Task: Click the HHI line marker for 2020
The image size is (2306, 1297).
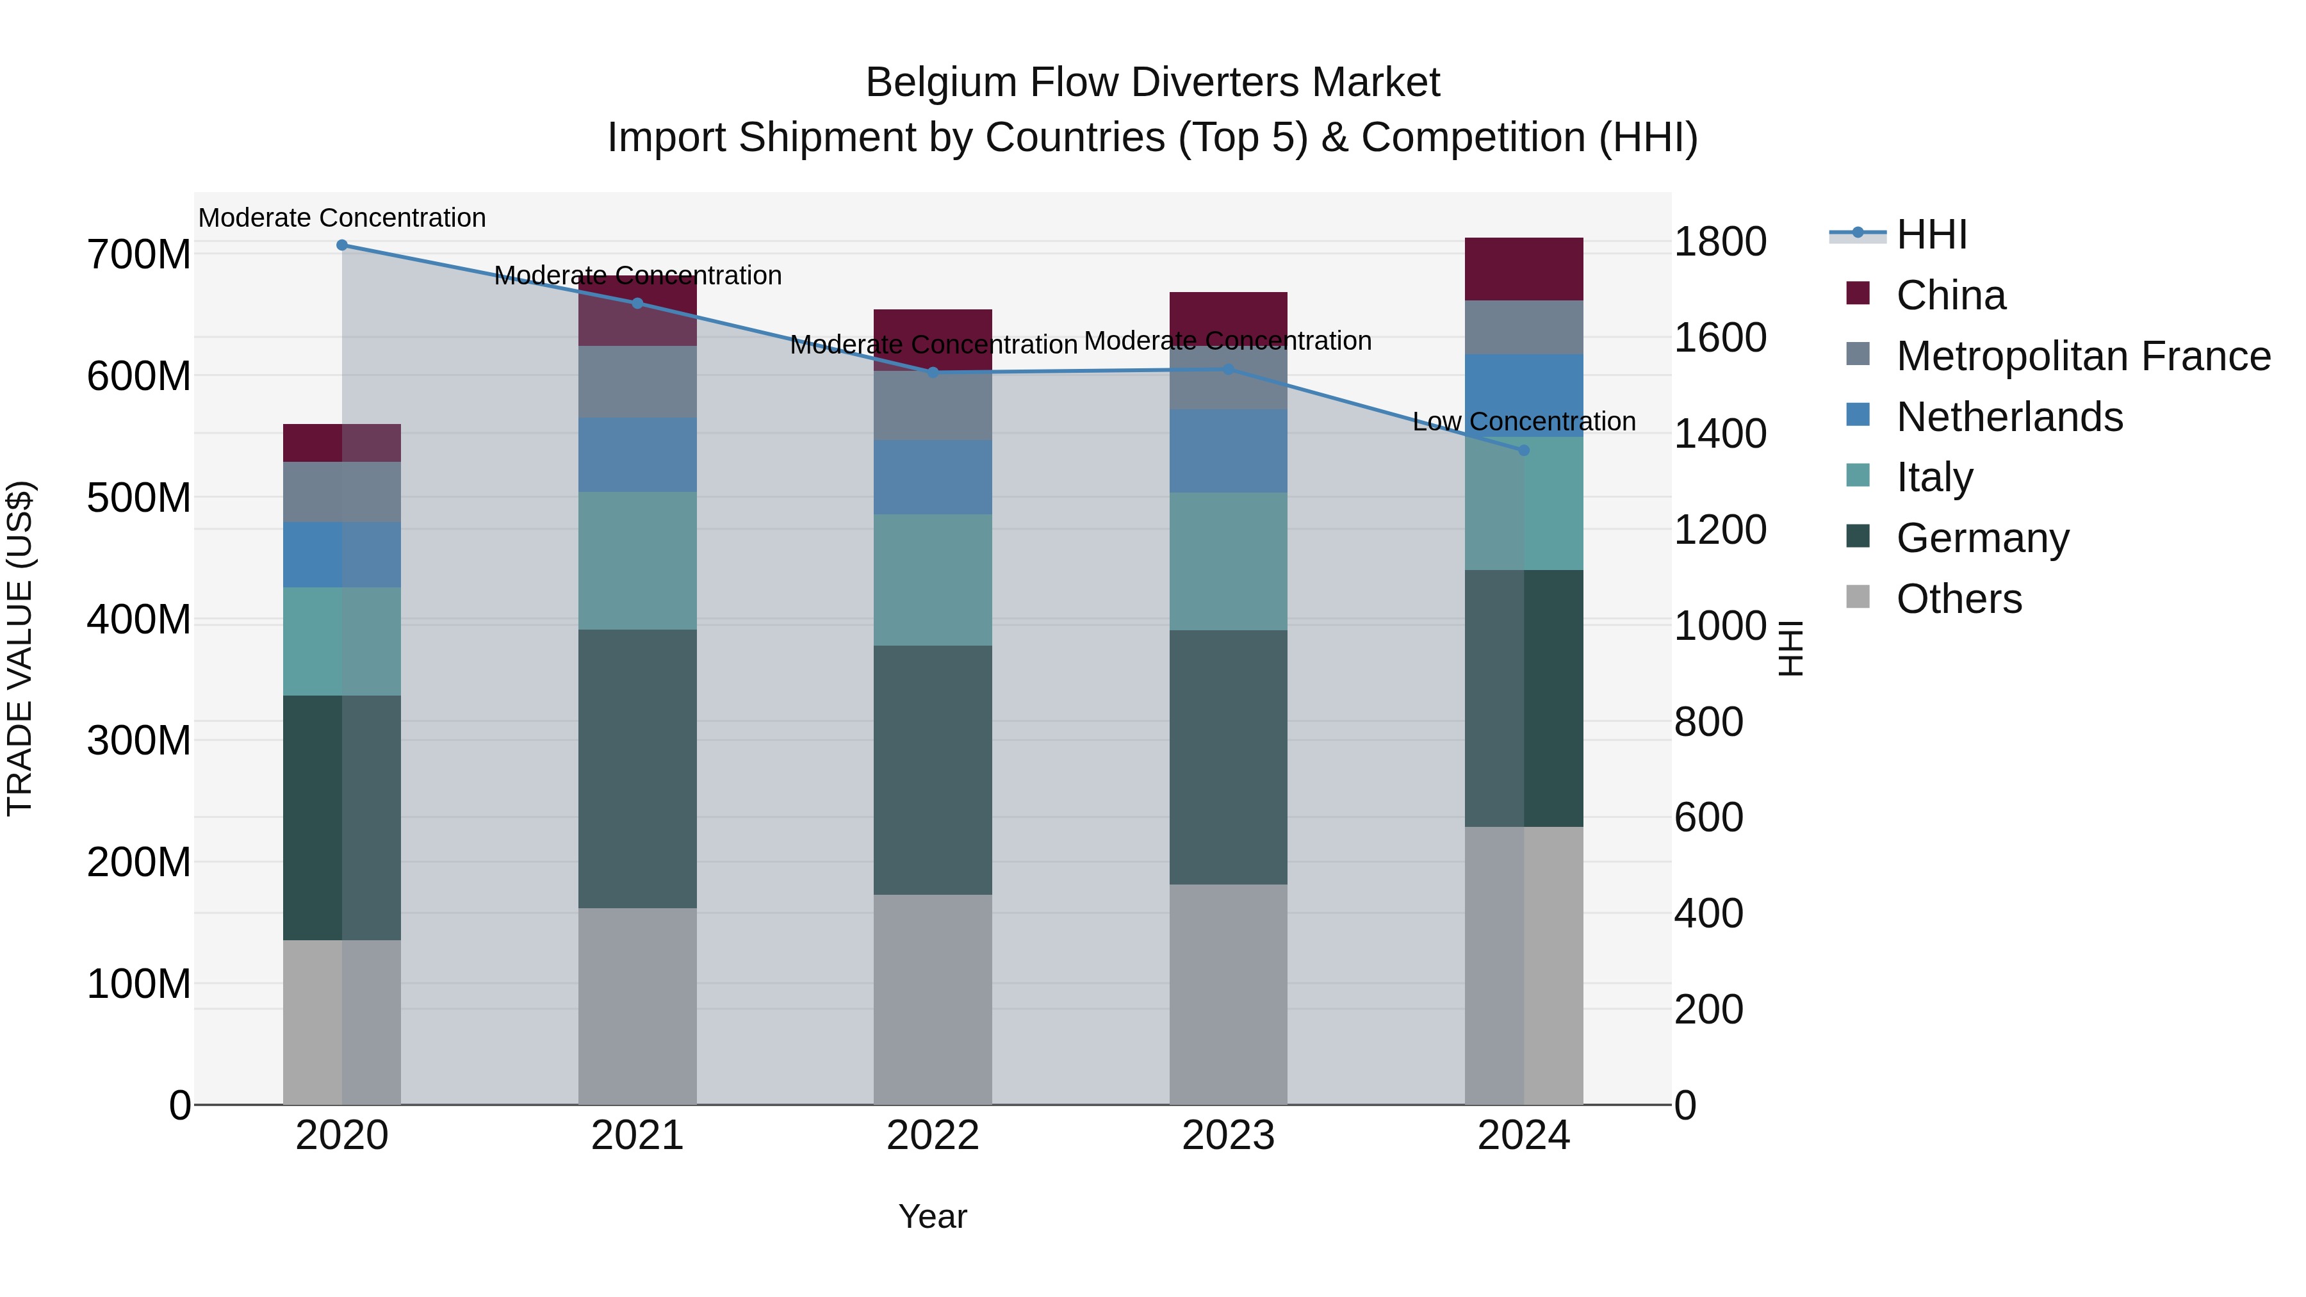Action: click(342, 245)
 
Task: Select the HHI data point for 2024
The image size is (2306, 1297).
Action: click(1525, 450)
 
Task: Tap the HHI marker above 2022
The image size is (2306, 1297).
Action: click(933, 372)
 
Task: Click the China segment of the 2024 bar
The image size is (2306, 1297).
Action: click(1525, 268)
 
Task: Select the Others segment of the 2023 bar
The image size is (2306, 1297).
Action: click(1228, 993)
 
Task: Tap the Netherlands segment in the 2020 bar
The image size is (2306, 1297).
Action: click(342, 554)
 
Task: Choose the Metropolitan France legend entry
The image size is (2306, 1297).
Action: click(2083, 356)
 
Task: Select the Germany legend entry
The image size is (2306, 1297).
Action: click(1982, 538)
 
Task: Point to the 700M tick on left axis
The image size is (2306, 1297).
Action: click(139, 255)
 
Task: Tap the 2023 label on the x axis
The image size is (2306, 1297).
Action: click(1228, 1136)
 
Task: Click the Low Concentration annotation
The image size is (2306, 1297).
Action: click(1524, 421)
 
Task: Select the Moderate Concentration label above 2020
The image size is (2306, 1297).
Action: click(342, 218)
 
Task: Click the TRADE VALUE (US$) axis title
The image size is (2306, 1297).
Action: click(20, 648)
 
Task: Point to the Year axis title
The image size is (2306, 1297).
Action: click(933, 1216)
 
